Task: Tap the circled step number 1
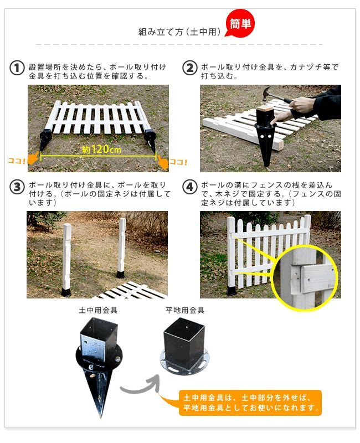tap(17, 68)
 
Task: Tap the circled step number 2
tap(190, 68)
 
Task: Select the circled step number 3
tap(17, 187)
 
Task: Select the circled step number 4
tap(190, 187)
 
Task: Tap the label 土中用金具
tap(97, 311)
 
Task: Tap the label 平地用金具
tap(185, 311)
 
